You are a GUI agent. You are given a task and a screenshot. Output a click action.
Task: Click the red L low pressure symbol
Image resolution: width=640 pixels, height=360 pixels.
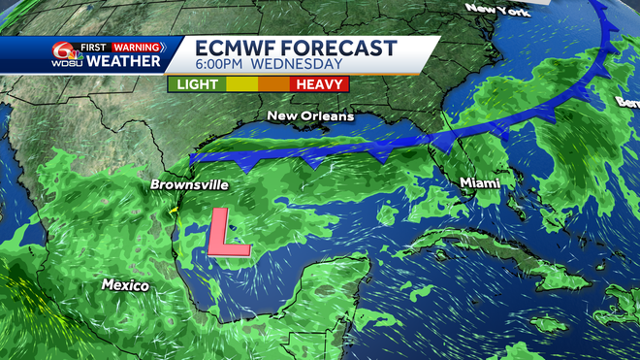point(227,234)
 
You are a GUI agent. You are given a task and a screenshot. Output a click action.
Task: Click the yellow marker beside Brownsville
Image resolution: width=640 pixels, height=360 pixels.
point(173,209)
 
